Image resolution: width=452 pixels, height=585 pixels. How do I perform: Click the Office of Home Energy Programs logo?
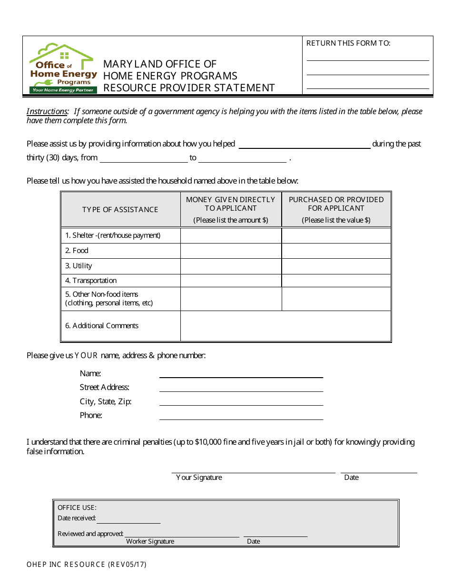click(63, 68)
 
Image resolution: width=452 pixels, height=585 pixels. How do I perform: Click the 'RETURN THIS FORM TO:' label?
click(348, 43)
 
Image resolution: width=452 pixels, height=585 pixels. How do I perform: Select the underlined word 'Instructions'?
click(47, 111)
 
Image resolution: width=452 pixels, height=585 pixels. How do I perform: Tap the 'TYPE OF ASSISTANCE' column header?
click(120, 209)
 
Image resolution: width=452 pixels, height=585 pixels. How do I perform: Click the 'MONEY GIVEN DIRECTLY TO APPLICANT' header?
click(230, 204)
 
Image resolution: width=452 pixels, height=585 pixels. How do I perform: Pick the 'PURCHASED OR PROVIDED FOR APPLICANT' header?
click(336, 204)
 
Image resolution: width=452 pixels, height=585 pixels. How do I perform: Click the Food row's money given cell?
click(231, 251)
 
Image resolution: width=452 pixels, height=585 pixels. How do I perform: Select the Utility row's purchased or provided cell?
click(336, 266)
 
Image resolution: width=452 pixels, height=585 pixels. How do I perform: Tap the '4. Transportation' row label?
click(91, 281)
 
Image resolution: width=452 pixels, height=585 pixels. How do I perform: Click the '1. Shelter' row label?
click(113, 235)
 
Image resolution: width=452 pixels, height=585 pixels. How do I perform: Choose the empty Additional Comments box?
click(285, 326)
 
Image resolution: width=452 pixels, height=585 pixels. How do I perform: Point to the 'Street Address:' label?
click(104, 388)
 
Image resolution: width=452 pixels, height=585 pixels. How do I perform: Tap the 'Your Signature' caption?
click(199, 478)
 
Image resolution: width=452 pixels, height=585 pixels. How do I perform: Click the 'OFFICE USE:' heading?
click(77, 507)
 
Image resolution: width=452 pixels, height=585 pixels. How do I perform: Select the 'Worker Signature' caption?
click(150, 541)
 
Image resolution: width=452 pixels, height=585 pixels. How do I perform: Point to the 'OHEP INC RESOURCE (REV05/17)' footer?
click(87, 565)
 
